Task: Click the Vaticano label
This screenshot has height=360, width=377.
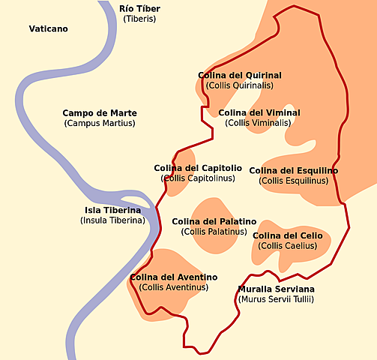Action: (x=48, y=29)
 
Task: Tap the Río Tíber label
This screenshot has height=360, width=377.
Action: (x=140, y=8)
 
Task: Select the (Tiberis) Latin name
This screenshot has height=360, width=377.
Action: (x=139, y=19)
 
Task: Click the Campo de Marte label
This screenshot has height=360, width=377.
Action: (x=100, y=112)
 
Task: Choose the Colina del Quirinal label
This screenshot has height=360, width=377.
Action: (x=240, y=75)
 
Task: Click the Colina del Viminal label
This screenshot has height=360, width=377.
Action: (x=259, y=112)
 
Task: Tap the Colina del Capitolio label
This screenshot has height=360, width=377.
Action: (x=198, y=168)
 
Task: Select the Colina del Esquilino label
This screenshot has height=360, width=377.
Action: (x=293, y=170)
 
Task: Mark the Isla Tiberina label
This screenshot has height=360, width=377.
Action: (x=112, y=211)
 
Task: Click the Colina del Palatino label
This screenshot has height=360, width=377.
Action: (x=214, y=221)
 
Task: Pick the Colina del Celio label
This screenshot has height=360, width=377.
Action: (x=288, y=235)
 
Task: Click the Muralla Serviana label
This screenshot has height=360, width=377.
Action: (x=276, y=289)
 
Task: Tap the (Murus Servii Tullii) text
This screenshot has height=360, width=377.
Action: (x=276, y=299)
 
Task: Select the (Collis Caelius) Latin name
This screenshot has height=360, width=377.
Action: (x=288, y=246)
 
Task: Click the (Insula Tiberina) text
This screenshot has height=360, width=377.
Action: (x=112, y=220)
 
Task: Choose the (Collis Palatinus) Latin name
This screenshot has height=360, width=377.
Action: (x=214, y=232)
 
